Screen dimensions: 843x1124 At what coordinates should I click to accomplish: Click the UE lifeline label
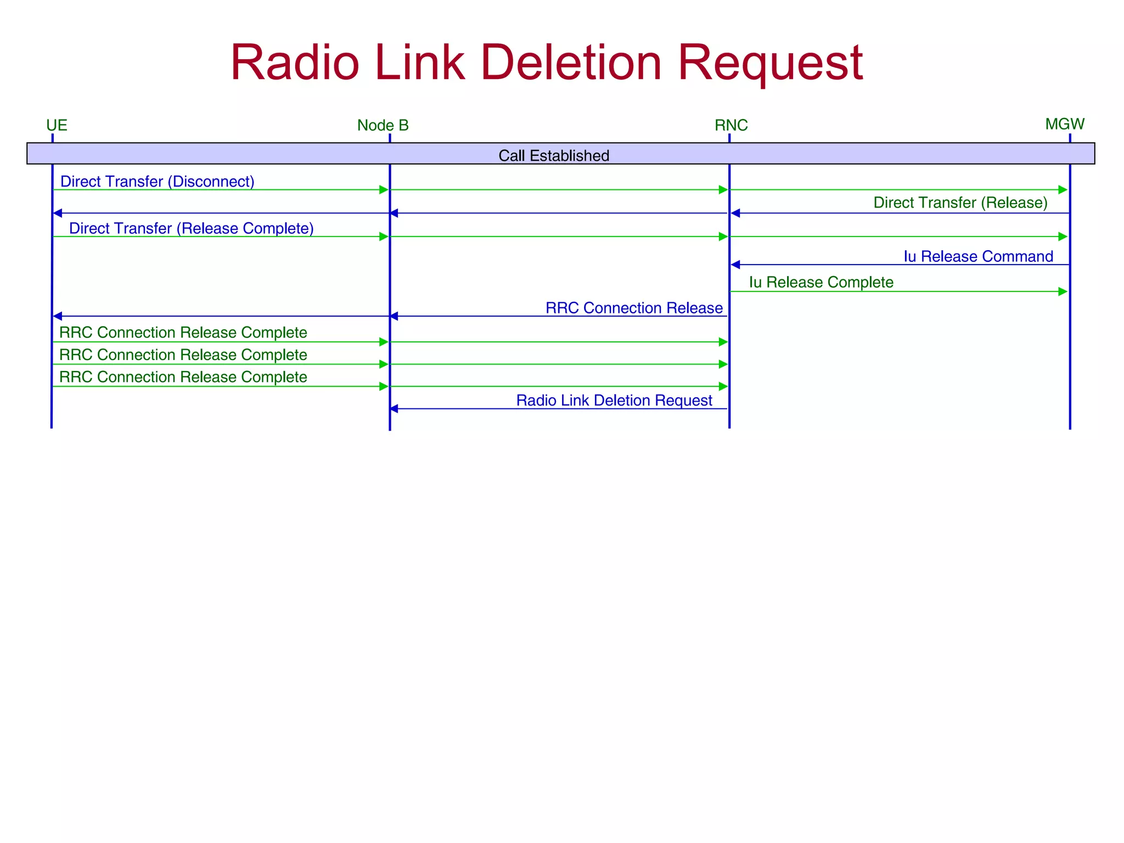[57, 126]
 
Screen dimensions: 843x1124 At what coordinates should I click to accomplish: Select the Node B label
[383, 126]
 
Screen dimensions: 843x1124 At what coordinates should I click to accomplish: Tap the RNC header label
[731, 126]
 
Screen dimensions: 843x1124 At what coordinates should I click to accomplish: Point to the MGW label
[1065, 124]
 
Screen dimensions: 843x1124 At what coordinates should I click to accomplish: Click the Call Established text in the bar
[554, 156]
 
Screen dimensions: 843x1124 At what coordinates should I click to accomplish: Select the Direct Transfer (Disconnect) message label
[157, 182]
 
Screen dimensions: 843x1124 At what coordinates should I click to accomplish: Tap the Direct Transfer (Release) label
[960, 203]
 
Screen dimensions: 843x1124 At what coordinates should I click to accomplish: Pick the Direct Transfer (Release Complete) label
[191, 228]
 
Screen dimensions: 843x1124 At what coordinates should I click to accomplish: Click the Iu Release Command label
[978, 257]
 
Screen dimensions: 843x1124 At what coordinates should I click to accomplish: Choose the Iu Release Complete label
[821, 283]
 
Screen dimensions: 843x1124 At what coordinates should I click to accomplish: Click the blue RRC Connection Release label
[634, 308]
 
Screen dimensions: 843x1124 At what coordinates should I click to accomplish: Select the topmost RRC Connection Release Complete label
[183, 333]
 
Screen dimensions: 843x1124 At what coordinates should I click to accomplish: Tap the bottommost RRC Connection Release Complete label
[183, 378]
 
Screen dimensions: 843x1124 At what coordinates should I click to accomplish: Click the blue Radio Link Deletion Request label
[614, 401]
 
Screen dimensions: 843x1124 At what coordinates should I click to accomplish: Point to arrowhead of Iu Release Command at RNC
[735, 265]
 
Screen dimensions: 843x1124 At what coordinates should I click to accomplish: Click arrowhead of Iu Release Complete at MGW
[1063, 291]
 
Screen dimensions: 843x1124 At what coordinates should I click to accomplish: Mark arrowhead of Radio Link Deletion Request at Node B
[394, 409]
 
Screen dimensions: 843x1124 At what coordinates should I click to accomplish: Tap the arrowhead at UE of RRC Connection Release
[57, 316]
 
